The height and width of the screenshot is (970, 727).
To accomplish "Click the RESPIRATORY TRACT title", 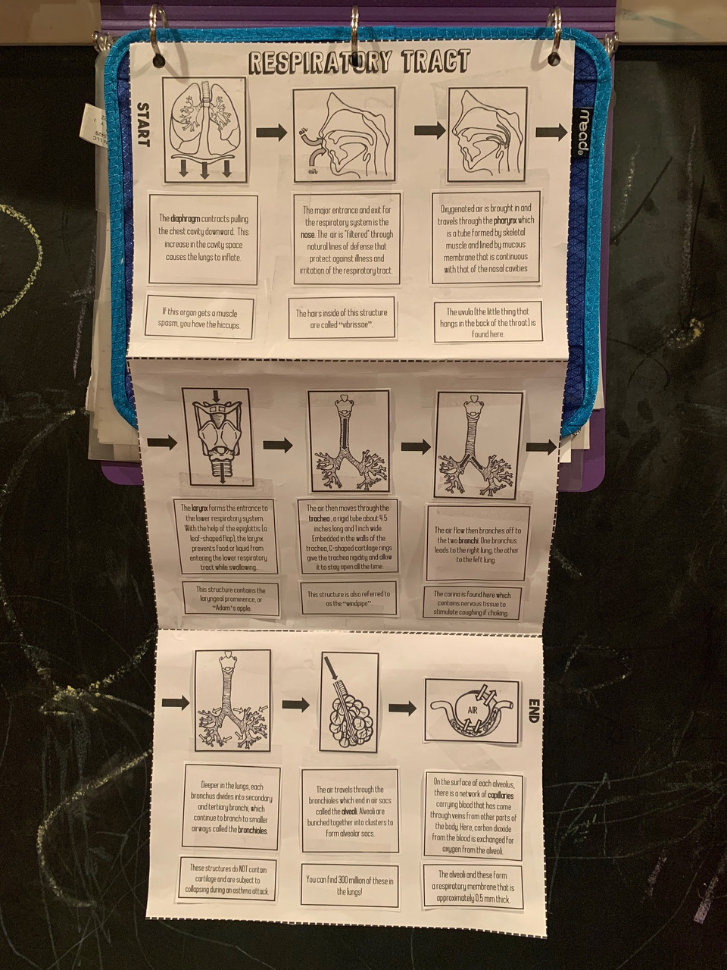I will (x=360, y=62).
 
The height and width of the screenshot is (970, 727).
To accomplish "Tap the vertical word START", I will (x=143, y=124).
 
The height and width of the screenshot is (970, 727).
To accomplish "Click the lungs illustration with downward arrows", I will (x=204, y=133).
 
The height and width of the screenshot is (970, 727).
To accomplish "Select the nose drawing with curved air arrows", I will (x=345, y=135).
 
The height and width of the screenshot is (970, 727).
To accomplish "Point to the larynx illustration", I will (x=217, y=436).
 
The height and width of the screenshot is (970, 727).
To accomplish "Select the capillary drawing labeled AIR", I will (x=472, y=710).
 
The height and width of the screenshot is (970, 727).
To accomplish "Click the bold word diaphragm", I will (x=185, y=218).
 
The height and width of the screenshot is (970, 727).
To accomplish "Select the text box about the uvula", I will (x=488, y=322).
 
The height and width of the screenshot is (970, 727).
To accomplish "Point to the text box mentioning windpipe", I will (x=349, y=599).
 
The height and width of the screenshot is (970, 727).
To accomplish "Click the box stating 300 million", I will (x=349, y=885).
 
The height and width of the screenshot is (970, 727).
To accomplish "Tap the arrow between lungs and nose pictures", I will (x=271, y=133).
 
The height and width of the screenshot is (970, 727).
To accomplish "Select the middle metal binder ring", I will (x=354, y=30).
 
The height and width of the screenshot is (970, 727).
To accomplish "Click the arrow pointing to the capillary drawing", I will (x=402, y=709).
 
